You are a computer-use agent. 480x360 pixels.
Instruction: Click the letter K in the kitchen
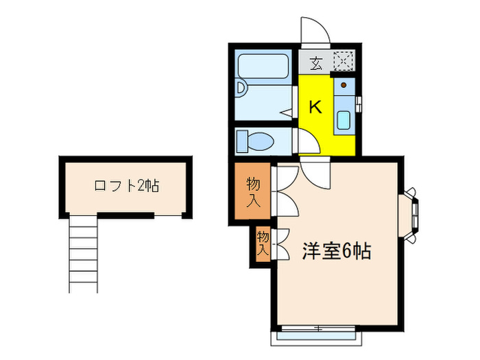[315, 108]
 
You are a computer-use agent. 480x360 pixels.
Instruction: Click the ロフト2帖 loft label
[127, 186]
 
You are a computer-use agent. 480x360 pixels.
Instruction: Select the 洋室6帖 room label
[337, 251]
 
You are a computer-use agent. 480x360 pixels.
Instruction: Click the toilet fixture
[255, 142]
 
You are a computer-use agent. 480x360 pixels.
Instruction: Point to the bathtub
[263, 67]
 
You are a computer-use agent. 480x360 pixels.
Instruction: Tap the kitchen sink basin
[343, 121]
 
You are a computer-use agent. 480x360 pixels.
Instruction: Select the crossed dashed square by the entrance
[343, 62]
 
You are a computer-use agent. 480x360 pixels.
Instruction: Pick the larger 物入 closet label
[252, 192]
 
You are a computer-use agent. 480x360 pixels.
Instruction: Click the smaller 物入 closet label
[263, 244]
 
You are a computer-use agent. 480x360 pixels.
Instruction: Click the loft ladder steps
[84, 254]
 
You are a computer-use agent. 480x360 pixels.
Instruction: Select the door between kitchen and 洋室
[315, 171]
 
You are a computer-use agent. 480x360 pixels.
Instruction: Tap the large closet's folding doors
[285, 192]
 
